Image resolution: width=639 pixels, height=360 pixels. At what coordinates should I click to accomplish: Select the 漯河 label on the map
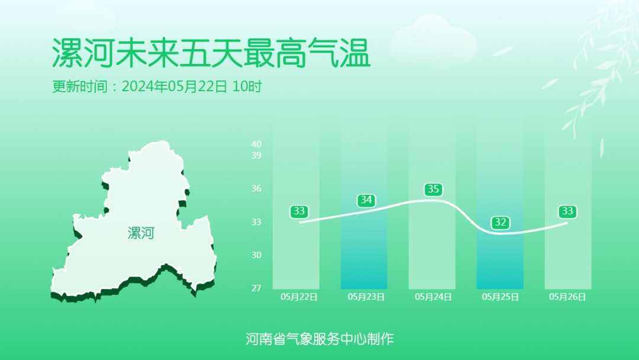[x=141, y=233]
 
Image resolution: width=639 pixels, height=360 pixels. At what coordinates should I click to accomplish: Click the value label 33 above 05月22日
[x=299, y=211]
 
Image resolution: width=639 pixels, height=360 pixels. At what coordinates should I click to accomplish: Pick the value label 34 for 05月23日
[x=366, y=200]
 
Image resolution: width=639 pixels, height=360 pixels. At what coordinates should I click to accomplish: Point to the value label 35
[x=434, y=189]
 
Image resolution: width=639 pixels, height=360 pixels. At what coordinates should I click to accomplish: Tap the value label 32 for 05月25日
[x=501, y=223]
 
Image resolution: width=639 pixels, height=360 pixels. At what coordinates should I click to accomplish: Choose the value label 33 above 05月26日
[x=567, y=211]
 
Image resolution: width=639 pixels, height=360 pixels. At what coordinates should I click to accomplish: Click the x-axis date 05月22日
[x=299, y=297]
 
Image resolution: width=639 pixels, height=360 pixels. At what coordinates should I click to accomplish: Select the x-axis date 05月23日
[x=366, y=297]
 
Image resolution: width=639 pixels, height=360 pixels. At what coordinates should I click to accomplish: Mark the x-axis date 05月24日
[x=434, y=297]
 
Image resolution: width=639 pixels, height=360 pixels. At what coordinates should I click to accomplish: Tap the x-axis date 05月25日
[x=501, y=297]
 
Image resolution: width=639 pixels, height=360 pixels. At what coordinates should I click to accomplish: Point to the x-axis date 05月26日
[x=567, y=297]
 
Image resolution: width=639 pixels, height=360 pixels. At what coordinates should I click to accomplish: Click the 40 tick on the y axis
[x=256, y=144]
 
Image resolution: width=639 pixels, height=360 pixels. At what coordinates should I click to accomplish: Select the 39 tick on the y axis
[x=256, y=155]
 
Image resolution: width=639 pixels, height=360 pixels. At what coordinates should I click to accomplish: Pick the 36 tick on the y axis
[x=256, y=188]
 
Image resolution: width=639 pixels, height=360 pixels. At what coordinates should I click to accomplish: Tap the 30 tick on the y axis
[x=256, y=255]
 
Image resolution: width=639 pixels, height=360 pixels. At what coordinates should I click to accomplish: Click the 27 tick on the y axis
[x=256, y=288]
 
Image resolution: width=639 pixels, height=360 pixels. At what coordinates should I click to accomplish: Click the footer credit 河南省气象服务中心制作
[x=319, y=339]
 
